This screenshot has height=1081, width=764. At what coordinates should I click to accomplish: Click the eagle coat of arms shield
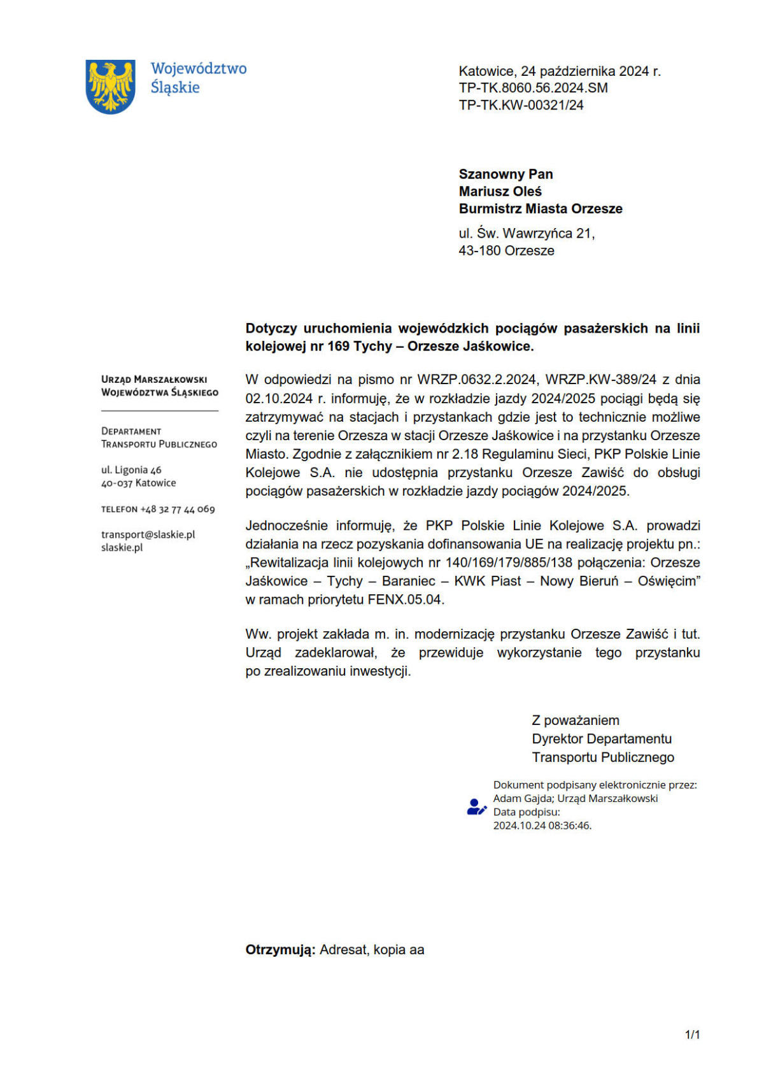110,87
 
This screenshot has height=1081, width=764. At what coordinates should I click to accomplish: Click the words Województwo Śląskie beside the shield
198,78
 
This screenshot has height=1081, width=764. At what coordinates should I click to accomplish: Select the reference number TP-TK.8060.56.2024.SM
533,88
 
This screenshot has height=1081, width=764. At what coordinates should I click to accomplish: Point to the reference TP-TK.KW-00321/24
521,105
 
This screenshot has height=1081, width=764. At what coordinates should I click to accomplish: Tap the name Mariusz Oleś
500,191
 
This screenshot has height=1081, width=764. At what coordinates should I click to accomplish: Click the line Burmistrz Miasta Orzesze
541,208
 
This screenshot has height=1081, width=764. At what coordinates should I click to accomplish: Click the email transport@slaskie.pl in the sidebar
148,534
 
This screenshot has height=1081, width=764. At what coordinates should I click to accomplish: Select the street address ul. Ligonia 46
131,469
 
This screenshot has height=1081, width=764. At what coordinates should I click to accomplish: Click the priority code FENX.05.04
406,599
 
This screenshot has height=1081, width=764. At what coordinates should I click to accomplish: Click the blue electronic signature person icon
476,806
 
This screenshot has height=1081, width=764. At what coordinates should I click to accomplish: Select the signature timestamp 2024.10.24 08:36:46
542,826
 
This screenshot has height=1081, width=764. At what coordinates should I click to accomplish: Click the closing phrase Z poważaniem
575,720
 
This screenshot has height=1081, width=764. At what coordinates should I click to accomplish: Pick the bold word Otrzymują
280,950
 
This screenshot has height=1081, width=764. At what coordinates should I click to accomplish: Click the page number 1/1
692,1034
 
